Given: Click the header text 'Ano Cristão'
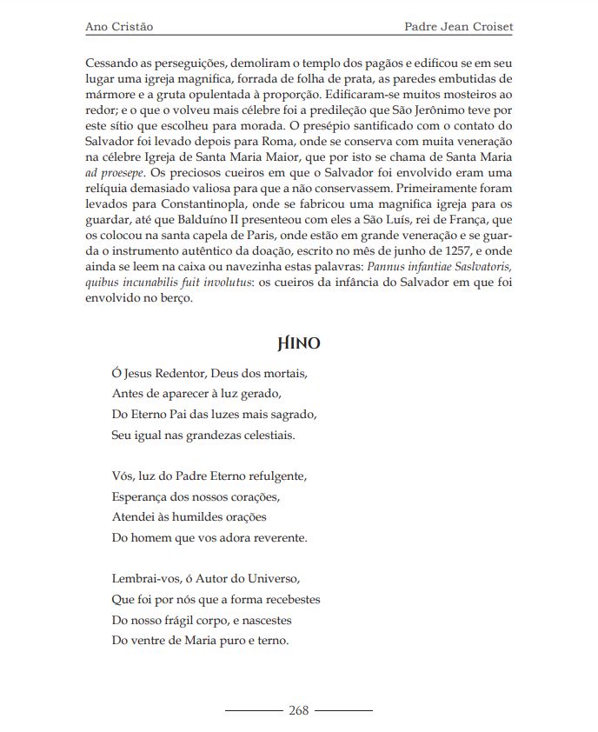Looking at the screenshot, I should coord(120,27).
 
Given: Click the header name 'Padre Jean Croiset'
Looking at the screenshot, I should coord(459,27).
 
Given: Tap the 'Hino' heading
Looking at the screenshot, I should coord(299,343).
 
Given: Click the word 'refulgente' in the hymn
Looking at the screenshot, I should coord(280,476).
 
